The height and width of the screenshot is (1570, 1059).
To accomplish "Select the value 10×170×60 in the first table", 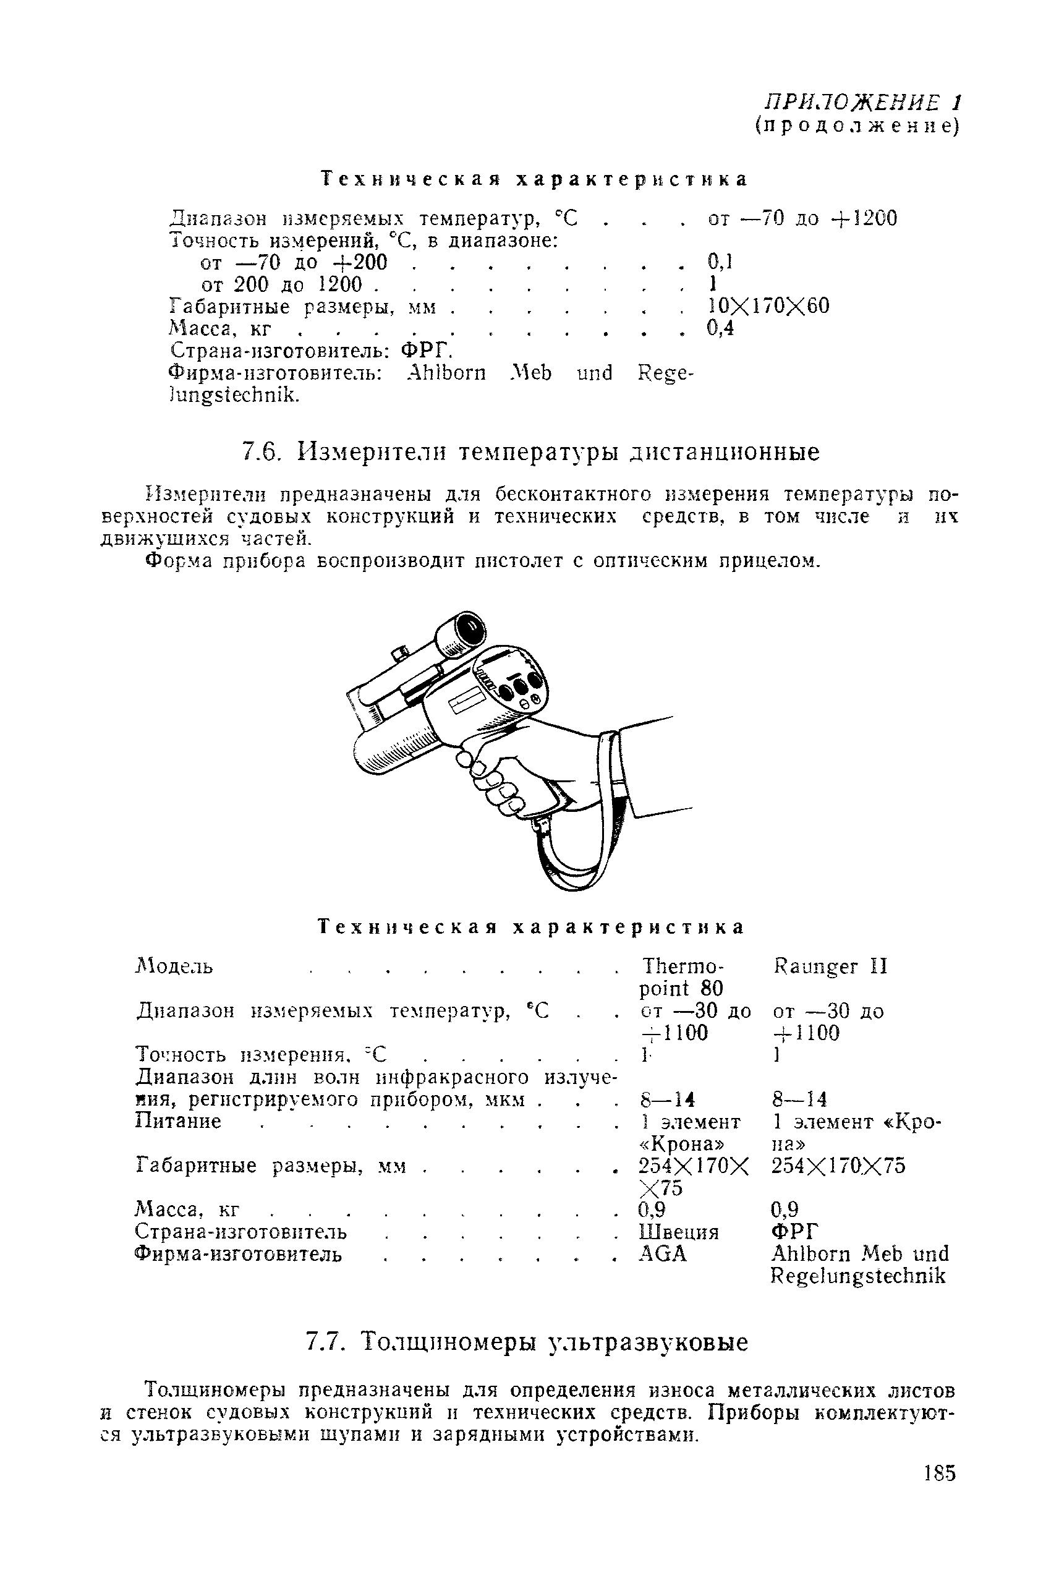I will tap(768, 306).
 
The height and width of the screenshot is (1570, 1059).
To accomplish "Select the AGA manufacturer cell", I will tap(662, 1254).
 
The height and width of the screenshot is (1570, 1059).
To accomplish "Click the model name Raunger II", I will tap(830, 966).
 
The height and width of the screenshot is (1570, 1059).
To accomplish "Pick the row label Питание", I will tap(178, 1122).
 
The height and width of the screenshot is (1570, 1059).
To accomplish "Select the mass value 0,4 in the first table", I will tap(720, 328).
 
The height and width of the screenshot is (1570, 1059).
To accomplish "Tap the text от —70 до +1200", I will tap(802, 219).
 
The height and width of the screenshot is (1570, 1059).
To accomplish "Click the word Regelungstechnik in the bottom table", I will tap(857, 1276).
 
